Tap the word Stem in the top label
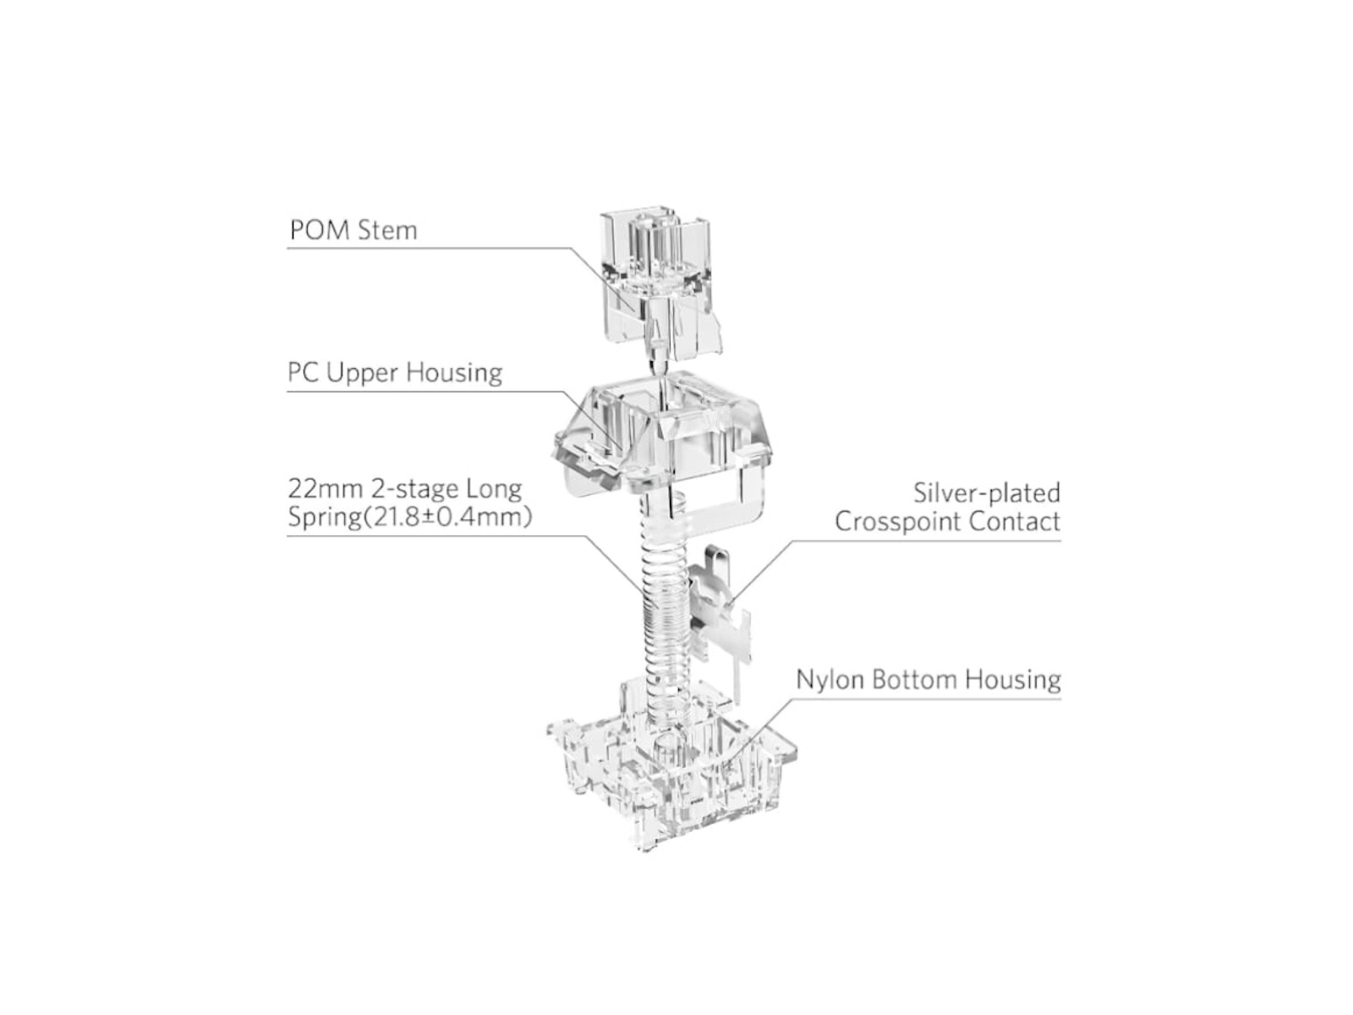[387, 230]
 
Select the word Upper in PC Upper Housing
[362, 373]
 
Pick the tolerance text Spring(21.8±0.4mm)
[410, 518]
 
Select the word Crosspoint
[898, 522]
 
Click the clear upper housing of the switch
[661, 436]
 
